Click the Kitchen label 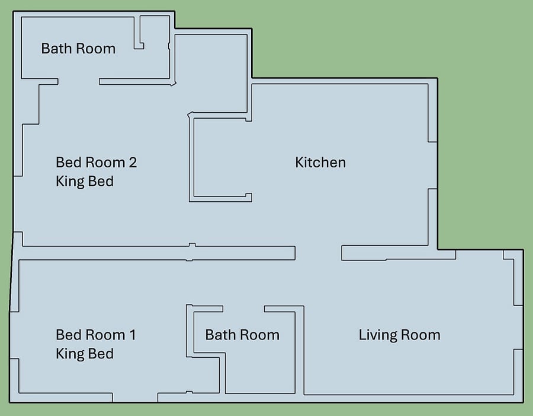(x=320, y=163)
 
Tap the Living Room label (x=400, y=335)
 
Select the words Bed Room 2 (x=96, y=163)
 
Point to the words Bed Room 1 (x=96, y=335)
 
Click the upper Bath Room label (x=79, y=49)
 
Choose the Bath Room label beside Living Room (x=242, y=335)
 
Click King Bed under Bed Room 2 (x=85, y=181)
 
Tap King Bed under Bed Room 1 (x=85, y=354)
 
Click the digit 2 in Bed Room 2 (x=133, y=163)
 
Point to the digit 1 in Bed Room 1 (x=133, y=335)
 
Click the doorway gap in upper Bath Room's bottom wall (x=79, y=82)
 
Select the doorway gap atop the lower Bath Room (x=244, y=309)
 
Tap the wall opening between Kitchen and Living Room (x=318, y=253)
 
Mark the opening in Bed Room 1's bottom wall (x=135, y=397)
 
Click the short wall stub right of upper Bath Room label (x=139, y=33)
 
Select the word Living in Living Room (x=378, y=335)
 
